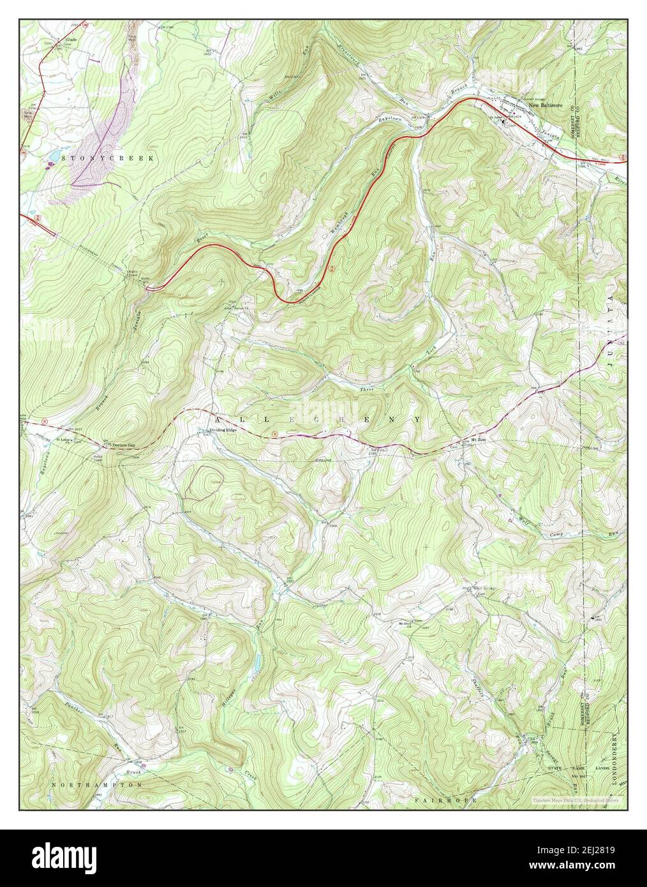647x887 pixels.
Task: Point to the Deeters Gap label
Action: click(x=124, y=444)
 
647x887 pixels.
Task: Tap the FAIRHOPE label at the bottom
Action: click(x=438, y=799)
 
